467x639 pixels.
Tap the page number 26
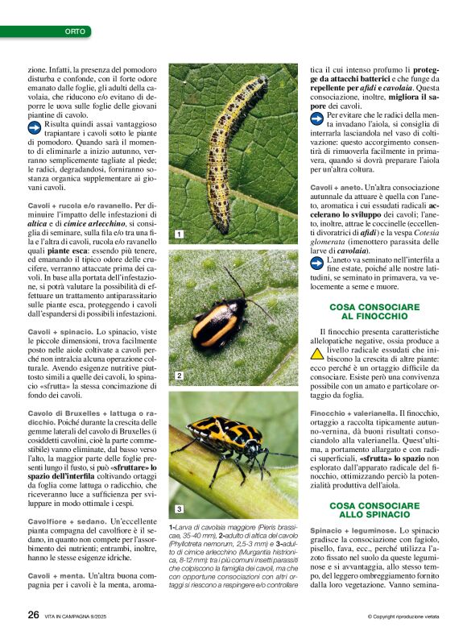point(33,614)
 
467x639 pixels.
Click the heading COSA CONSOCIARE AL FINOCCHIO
point(374,313)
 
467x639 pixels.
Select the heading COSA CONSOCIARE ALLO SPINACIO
point(374,509)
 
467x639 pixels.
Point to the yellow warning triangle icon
point(317,353)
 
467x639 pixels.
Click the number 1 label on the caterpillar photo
point(180,234)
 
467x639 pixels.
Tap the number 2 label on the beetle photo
point(180,376)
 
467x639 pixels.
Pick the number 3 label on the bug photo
point(180,508)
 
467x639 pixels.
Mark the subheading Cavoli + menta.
point(57,576)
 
